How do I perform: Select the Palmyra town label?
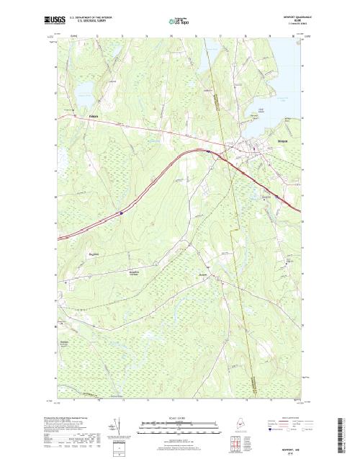point(93,116)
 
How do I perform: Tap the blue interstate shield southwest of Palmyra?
point(122,213)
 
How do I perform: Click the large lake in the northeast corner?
point(285,68)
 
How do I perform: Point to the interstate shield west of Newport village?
point(208,152)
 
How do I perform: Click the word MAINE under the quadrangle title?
point(291,20)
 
